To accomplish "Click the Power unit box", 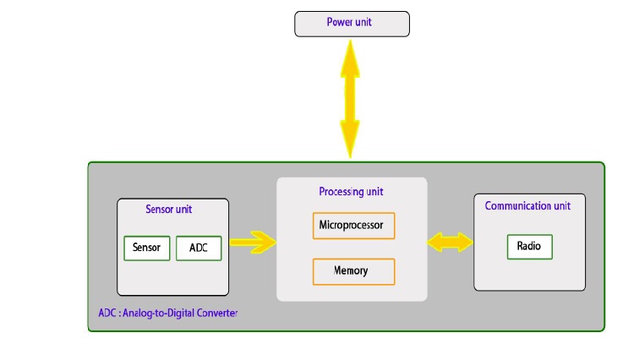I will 352,24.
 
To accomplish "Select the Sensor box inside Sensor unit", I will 147,248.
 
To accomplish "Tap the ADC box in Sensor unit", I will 199,248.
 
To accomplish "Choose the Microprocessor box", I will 353,226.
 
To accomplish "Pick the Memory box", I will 353,271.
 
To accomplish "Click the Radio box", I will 529,247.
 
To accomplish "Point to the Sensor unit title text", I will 173,209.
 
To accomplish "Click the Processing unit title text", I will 352,191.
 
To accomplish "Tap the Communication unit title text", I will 527,205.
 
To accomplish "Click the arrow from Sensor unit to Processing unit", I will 252,243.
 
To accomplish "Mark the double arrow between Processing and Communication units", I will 451,243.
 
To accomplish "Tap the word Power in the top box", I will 339,21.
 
